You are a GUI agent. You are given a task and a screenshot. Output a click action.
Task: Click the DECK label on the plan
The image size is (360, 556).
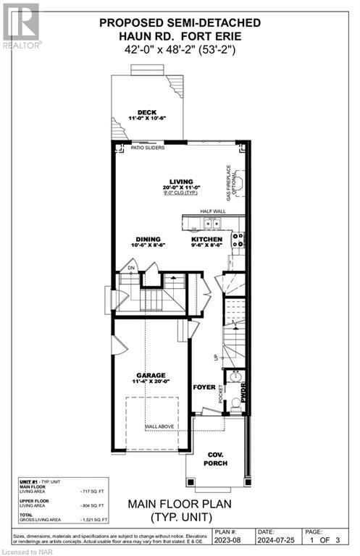point(148,111)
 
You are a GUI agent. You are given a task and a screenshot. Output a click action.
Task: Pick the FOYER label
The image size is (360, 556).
point(204,387)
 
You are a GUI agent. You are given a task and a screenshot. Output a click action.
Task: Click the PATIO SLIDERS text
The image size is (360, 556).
point(148,148)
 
